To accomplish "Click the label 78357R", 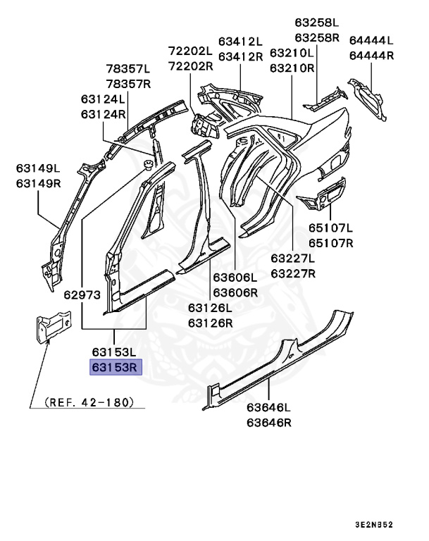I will (x=128, y=84).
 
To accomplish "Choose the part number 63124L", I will (x=103, y=99).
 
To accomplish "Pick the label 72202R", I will (x=190, y=66).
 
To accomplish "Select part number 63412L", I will (x=240, y=41).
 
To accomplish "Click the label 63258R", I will (x=317, y=37).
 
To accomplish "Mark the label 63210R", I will (x=292, y=68).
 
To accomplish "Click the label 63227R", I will (x=293, y=273).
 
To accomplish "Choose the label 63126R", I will (x=210, y=323).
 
